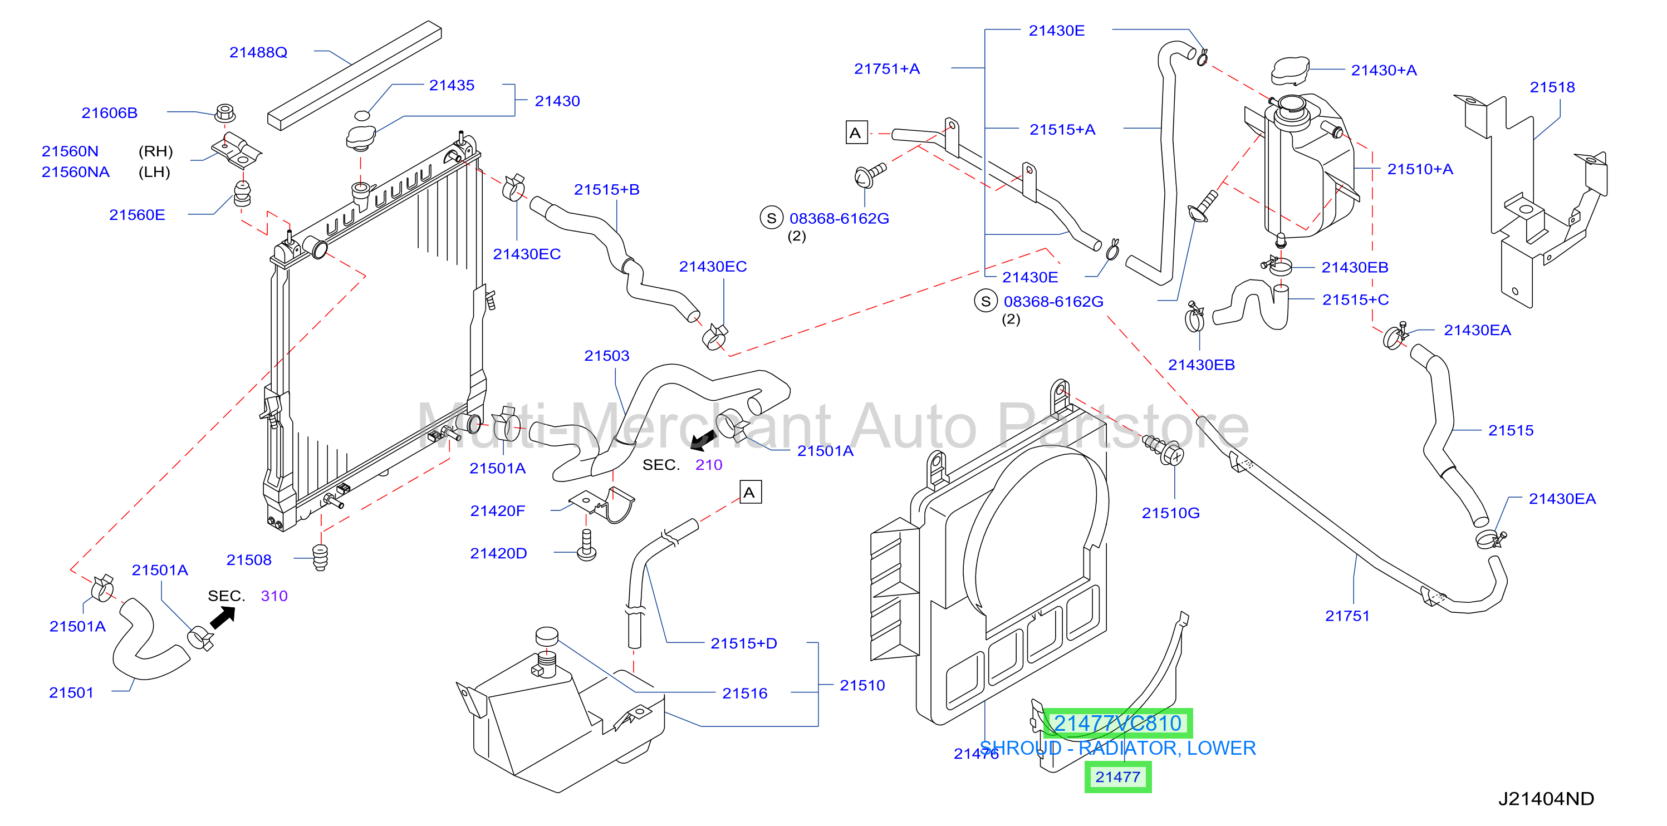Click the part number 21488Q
(258, 52)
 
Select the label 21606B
(109, 113)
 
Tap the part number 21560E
(137, 215)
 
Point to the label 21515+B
(606, 189)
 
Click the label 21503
(606, 356)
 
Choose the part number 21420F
(498, 511)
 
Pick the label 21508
(248, 560)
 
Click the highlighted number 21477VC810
(1117, 723)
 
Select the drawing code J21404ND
(1546, 799)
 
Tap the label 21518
(1552, 87)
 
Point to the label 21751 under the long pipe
(1347, 616)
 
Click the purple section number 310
(274, 596)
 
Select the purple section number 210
(709, 464)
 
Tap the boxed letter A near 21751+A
(856, 133)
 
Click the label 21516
(745, 694)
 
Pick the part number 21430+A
(1384, 71)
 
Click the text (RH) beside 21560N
(155, 151)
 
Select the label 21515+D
(743, 643)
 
